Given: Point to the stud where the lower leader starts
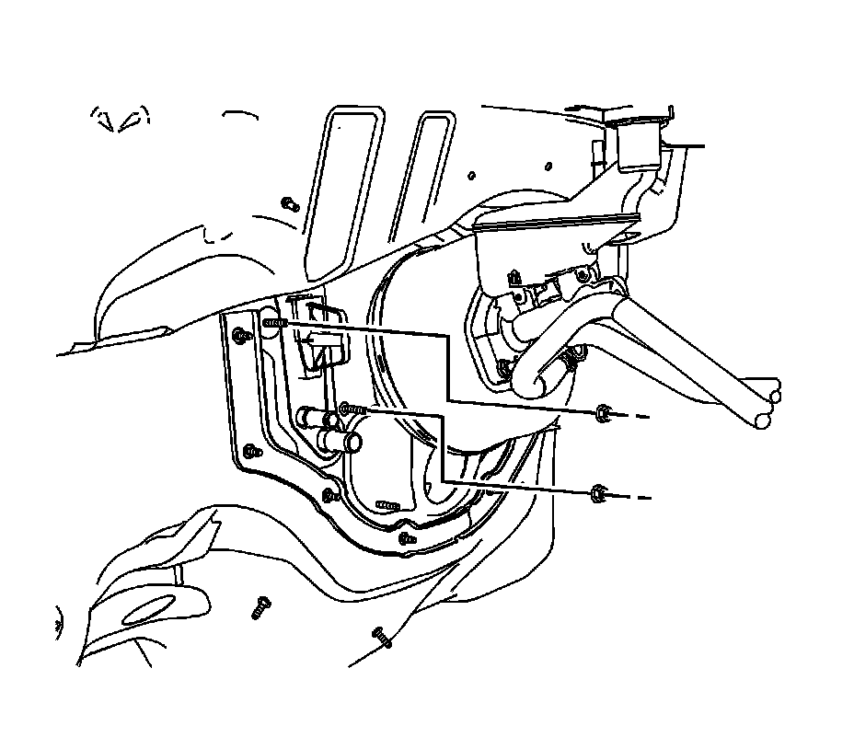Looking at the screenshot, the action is click(352, 409).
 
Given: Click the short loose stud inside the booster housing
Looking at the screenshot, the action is click(387, 505).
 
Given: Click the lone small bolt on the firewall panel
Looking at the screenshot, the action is click(289, 202).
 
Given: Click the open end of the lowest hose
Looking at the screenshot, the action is click(762, 421).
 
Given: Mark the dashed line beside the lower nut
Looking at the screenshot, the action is click(635, 497).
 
